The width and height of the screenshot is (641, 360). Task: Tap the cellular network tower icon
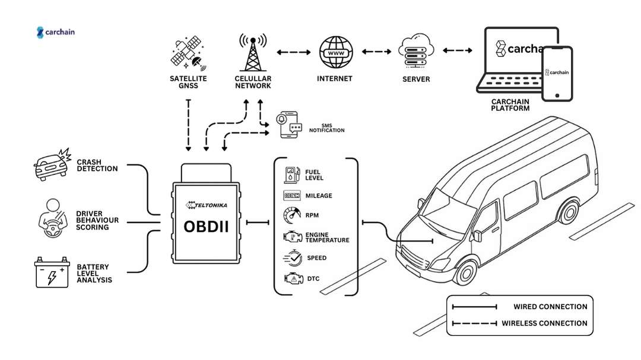coord(252,52)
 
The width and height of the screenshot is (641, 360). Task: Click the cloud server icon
coord(415,52)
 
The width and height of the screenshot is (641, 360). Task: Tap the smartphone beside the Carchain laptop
coord(559,74)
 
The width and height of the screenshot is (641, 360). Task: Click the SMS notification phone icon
coord(290,125)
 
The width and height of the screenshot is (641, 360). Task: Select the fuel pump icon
coord(291,174)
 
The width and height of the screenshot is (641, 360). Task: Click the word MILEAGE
coord(319,196)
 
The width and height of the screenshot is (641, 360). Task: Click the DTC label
coord(313,278)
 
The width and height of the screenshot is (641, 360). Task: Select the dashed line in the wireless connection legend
coord(474,323)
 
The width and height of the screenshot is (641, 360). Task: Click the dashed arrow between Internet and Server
coord(376,52)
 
